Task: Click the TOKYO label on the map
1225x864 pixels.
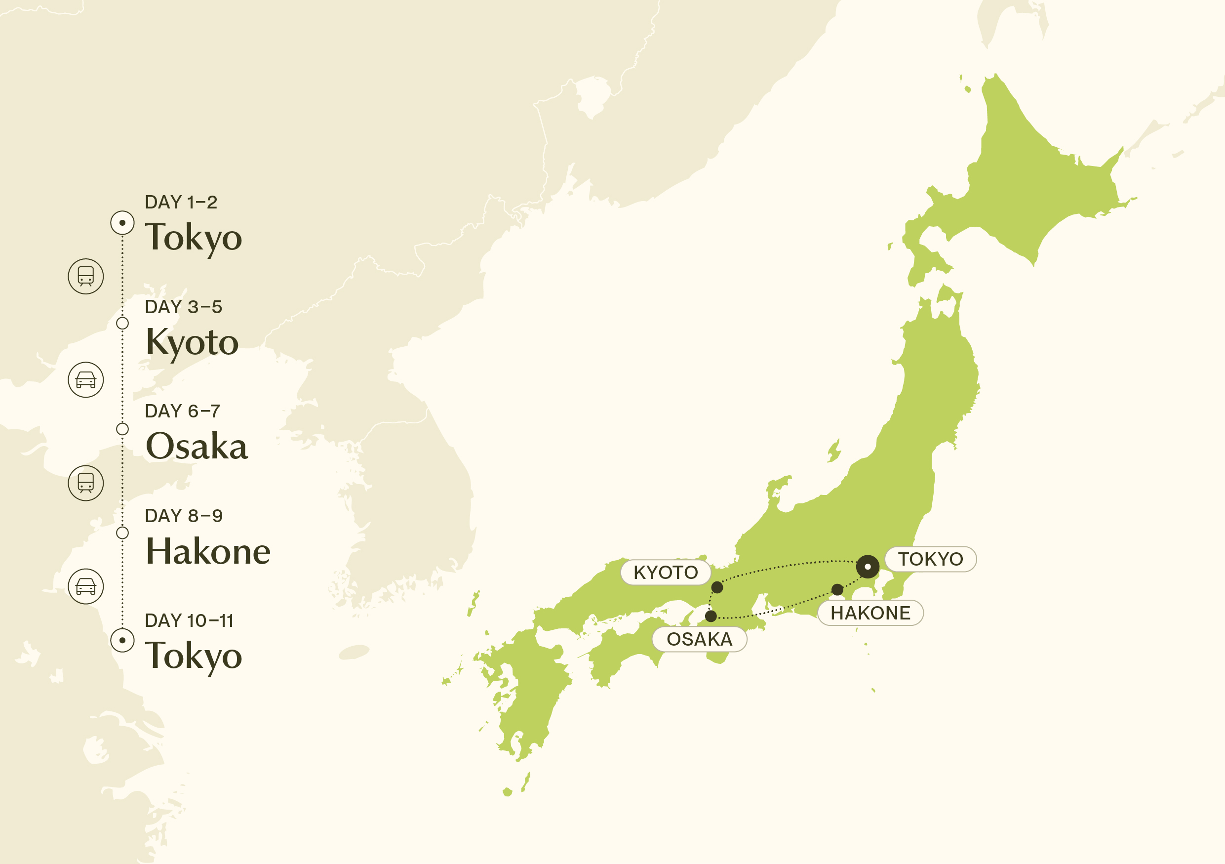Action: pyautogui.click(x=931, y=559)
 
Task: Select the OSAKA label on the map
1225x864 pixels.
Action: pyautogui.click(x=699, y=639)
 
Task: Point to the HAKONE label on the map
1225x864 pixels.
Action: pyautogui.click(x=870, y=613)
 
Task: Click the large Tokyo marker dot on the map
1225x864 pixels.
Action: pyautogui.click(x=868, y=566)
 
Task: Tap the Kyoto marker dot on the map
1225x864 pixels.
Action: pyautogui.click(x=717, y=587)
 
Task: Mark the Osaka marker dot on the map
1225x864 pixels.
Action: pyautogui.click(x=711, y=617)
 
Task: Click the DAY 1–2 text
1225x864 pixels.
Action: pyautogui.click(x=181, y=202)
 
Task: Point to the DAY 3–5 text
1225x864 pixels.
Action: pyautogui.click(x=183, y=307)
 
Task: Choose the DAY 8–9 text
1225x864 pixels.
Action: pyautogui.click(x=184, y=516)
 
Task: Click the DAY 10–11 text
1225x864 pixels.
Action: pyautogui.click(x=189, y=620)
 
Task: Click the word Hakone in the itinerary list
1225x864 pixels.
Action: pyautogui.click(x=208, y=551)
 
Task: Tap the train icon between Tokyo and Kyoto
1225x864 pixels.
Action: pyautogui.click(x=86, y=277)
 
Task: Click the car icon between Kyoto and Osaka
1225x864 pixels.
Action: pyautogui.click(x=86, y=380)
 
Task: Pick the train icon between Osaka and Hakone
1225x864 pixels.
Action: pyautogui.click(x=86, y=483)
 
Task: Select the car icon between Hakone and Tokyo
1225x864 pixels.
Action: pyautogui.click(x=86, y=586)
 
